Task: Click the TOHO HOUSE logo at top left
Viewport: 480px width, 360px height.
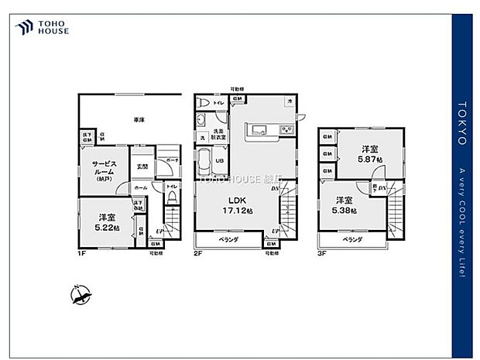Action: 43,28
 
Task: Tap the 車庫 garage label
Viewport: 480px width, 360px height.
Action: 139,120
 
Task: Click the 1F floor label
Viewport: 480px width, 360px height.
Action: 81,252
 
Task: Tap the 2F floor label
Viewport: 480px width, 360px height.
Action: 197,252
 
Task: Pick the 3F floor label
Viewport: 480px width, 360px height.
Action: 321,252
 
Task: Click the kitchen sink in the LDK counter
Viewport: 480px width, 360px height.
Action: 259,129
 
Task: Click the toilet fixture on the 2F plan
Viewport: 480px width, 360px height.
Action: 204,102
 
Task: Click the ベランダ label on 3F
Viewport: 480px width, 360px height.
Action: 352,240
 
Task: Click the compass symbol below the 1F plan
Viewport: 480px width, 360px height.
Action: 81,294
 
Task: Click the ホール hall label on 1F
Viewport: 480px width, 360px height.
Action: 141,187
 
